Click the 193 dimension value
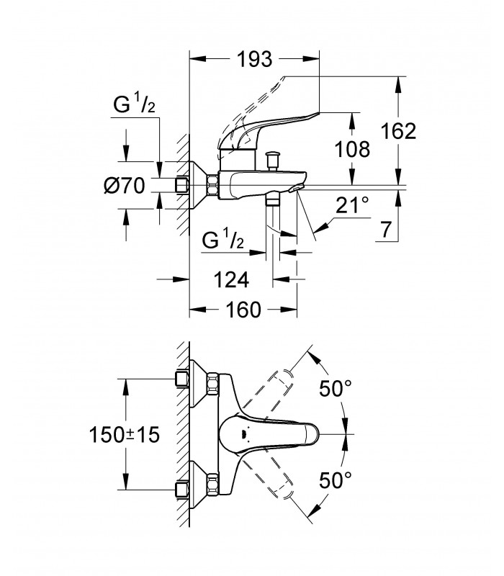255,59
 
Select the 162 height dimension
399,131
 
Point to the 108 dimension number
352,149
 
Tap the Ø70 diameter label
124,186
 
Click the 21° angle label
352,204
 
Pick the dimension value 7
385,230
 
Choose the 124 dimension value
231,280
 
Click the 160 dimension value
243,310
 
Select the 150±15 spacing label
125,435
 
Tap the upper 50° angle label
336,388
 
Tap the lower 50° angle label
336,480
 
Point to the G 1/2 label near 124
223,239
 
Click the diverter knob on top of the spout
273,160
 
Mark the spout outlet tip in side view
296,189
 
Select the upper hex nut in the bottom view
212,384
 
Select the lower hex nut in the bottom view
212,485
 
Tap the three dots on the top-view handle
244,434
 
